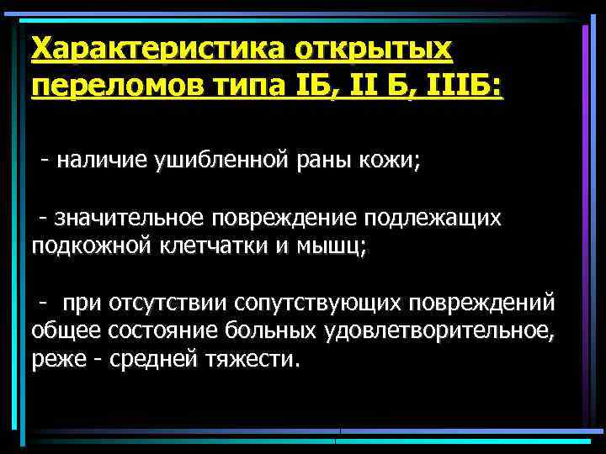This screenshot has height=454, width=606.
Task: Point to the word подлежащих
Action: (x=433, y=219)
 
